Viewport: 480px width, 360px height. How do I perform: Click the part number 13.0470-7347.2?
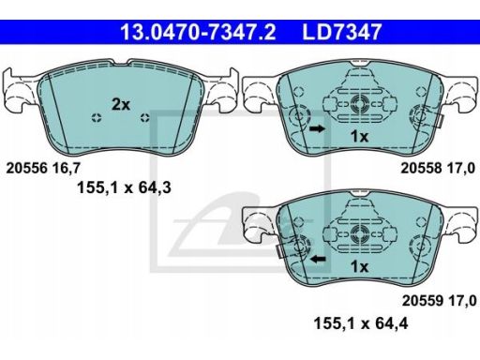click(198, 32)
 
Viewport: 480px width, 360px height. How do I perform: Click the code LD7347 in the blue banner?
click(342, 32)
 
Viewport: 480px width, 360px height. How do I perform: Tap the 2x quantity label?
click(121, 104)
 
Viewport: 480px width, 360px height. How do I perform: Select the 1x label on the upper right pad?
click(359, 136)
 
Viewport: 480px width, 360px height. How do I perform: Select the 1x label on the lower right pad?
click(359, 266)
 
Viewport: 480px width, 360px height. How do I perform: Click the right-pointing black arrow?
click(317, 128)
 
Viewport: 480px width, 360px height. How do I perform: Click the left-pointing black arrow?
click(318, 259)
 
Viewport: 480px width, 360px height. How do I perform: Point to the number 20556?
click(27, 169)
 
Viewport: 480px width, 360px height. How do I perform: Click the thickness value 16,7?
click(67, 169)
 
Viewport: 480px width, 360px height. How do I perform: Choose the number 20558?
click(422, 169)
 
